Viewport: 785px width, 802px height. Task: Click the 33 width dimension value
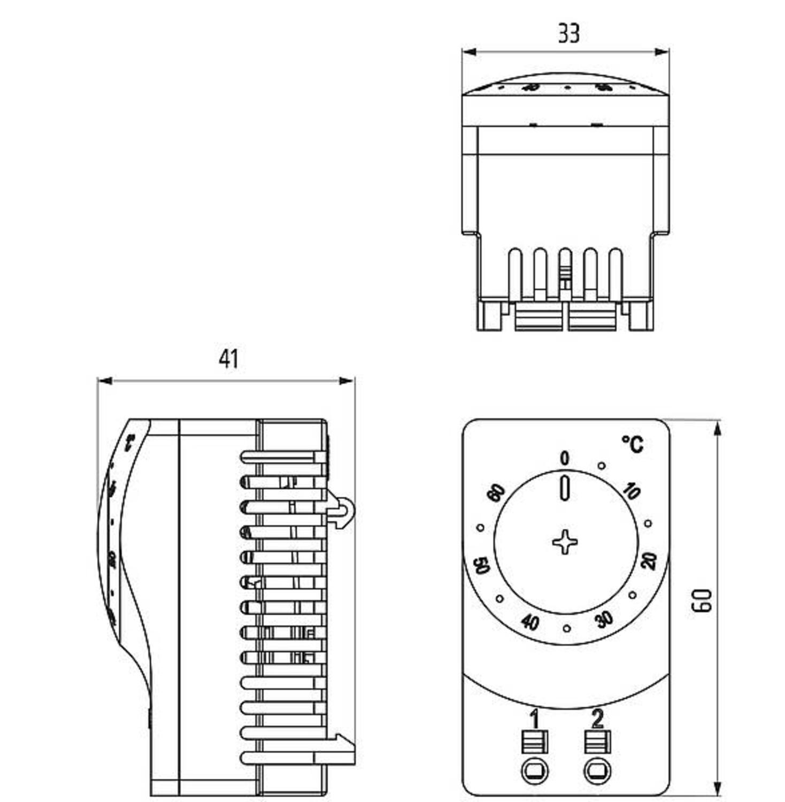(x=568, y=33)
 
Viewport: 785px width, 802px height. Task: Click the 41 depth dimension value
(x=228, y=359)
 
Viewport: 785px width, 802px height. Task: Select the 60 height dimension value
(x=702, y=600)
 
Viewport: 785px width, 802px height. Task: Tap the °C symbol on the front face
(x=633, y=444)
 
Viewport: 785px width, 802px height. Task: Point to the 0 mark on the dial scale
(x=565, y=458)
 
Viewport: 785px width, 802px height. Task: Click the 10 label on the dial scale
(x=632, y=491)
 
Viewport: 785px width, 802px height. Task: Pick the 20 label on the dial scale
(x=649, y=561)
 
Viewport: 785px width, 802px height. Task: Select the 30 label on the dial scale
(x=604, y=620)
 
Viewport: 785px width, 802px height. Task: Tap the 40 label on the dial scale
(x=529, y=622)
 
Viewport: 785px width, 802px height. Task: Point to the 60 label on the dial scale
(x=496, y=493)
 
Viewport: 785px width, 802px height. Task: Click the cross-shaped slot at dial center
(x=565, y=542)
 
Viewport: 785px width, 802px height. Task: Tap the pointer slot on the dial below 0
(x=565, y=488)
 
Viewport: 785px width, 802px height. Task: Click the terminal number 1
(x=534, y=719)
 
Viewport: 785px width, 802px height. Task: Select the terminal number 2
(x=597, y=719)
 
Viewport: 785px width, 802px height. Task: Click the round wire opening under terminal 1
(x=535, y=771)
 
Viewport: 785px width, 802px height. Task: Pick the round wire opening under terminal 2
(x=598, y=771)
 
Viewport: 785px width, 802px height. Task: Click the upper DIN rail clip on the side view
(x=342, y=512)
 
